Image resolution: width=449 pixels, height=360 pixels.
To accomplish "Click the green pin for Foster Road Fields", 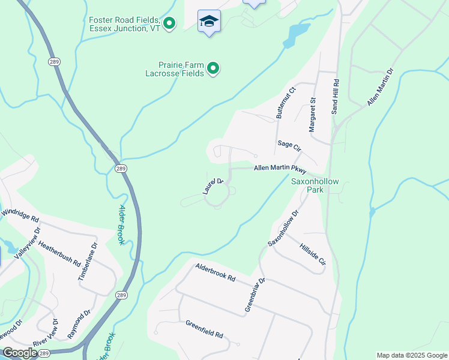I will pyautogui.click(x=170, y=23).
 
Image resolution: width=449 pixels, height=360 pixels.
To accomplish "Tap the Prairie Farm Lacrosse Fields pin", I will pyautogui.click(x=213, y=70).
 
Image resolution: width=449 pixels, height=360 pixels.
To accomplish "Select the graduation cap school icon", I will pyautogui.click(x=209, y=22).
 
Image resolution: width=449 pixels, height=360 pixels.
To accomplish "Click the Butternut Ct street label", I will pyautogui.click(x=285, y=103).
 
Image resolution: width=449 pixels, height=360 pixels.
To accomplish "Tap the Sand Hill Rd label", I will pyautogui.click(x=336, y=97).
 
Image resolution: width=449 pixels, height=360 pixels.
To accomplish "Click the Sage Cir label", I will pyautogui.click(x=289, y=145).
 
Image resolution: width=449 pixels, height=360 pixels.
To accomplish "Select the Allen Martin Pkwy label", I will pyautogui.click(x=280, y=169).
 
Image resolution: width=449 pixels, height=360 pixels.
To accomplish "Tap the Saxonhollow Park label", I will pyautogui.click(x=315, y=185).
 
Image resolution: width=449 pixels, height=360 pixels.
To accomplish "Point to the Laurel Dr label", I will pyautogui.click(x=213, y=186).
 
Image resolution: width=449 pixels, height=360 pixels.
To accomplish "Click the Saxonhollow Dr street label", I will pyautogui.click(x=283, y=228).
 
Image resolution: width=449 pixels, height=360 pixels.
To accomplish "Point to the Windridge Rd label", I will pyautogui.click(x=20, y=213).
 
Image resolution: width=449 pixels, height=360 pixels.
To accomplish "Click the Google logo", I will pyautogui.click(x=20, y=353).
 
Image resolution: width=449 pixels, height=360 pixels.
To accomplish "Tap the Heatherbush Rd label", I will pyautogui.click(x=59, y=253).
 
